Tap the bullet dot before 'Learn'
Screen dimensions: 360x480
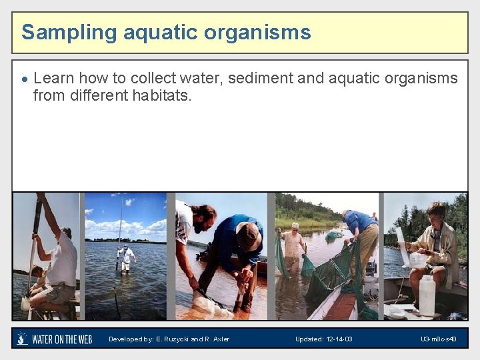click(x=25, y=79)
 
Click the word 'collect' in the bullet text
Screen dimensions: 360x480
click(x=159, y=78)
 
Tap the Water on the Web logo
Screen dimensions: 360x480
click(x=54, y=339)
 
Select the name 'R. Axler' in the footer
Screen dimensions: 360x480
click(x=215, y=339)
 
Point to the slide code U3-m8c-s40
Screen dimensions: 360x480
click(x=438, y=339)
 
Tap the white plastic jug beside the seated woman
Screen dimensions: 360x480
click(x=427, y=295)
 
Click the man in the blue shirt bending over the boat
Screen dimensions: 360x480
click(x=361, y=230)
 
